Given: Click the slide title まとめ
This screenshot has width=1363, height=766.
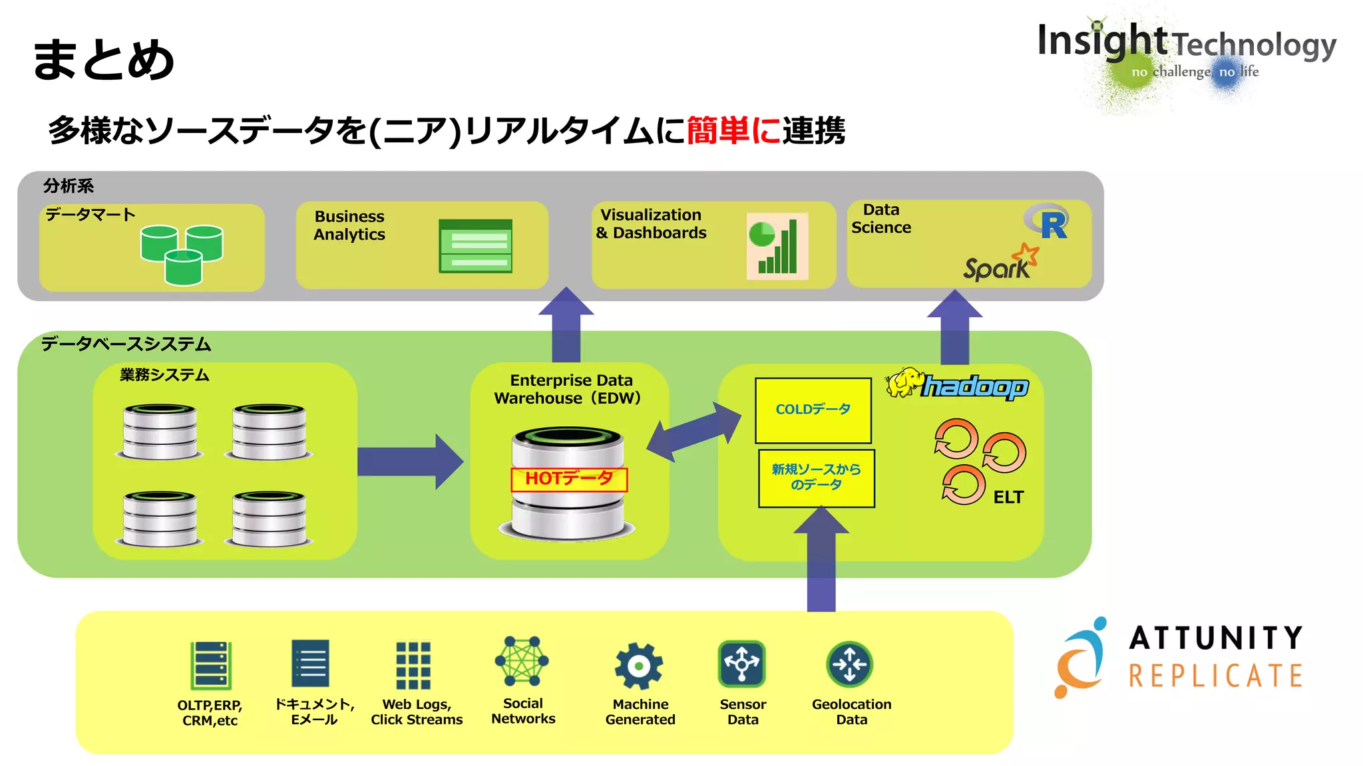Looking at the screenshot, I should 103,60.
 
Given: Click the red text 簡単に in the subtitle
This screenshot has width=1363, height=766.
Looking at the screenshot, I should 733,130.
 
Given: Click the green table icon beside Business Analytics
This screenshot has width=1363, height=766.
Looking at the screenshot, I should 475,246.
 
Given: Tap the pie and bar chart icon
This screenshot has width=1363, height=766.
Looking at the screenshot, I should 777,246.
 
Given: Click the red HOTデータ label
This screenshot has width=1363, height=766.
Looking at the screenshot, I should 569,479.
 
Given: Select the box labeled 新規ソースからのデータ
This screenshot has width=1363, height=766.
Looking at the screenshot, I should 816,477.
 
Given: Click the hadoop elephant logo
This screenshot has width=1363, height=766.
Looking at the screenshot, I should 904,383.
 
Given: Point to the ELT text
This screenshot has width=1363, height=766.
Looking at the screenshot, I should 1008,497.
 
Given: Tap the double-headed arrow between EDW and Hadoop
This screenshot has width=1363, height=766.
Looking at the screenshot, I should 693,432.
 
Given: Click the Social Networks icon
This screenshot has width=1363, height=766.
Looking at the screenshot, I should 522,661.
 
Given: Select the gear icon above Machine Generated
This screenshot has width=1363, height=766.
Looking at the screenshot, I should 639,665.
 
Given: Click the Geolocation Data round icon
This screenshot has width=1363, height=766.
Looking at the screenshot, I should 849,664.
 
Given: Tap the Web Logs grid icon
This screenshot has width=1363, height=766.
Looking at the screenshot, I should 413,665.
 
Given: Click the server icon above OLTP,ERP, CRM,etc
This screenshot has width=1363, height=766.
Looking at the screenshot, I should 210,665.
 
